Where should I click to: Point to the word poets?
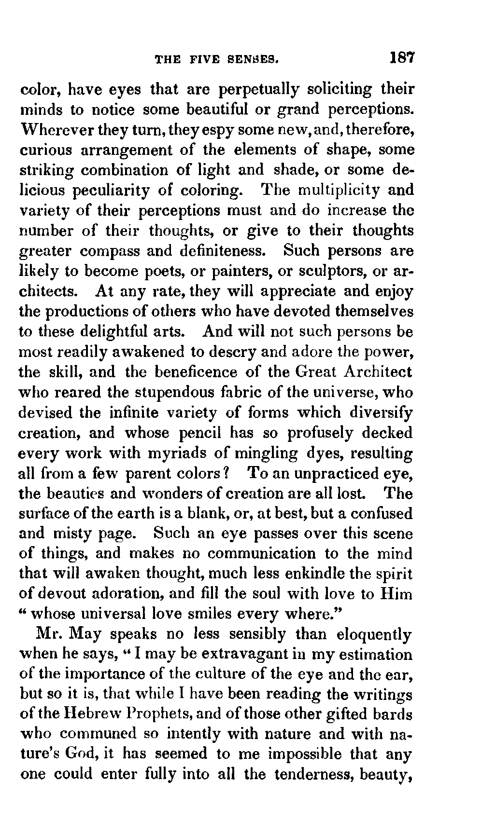coord(165,271)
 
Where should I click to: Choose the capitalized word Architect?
coord(378,372)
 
